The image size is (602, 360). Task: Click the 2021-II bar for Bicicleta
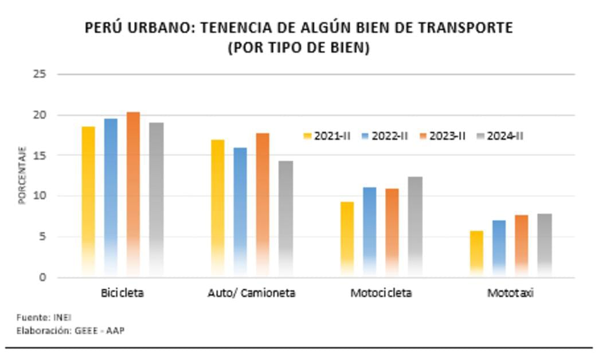[x=88, y=201]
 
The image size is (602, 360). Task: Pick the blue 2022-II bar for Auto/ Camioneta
[x=240, y=212]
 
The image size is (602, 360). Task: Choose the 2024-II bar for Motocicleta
[x=415, y=226]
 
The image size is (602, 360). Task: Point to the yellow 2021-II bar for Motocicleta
[x=347, y=238]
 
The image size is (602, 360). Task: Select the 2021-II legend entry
[x=327, y=136]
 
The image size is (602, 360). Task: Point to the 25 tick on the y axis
[x=40, y=74]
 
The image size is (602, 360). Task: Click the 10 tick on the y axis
[x=40, y=196]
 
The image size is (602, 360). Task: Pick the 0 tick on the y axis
[x=43, y=277]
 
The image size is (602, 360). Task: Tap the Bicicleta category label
[x=122, y=293]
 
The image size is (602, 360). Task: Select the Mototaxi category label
[x=510, y=293]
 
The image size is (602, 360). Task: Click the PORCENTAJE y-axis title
[x=22, y=175]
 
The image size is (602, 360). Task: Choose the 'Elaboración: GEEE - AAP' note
[x=70, y=330]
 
